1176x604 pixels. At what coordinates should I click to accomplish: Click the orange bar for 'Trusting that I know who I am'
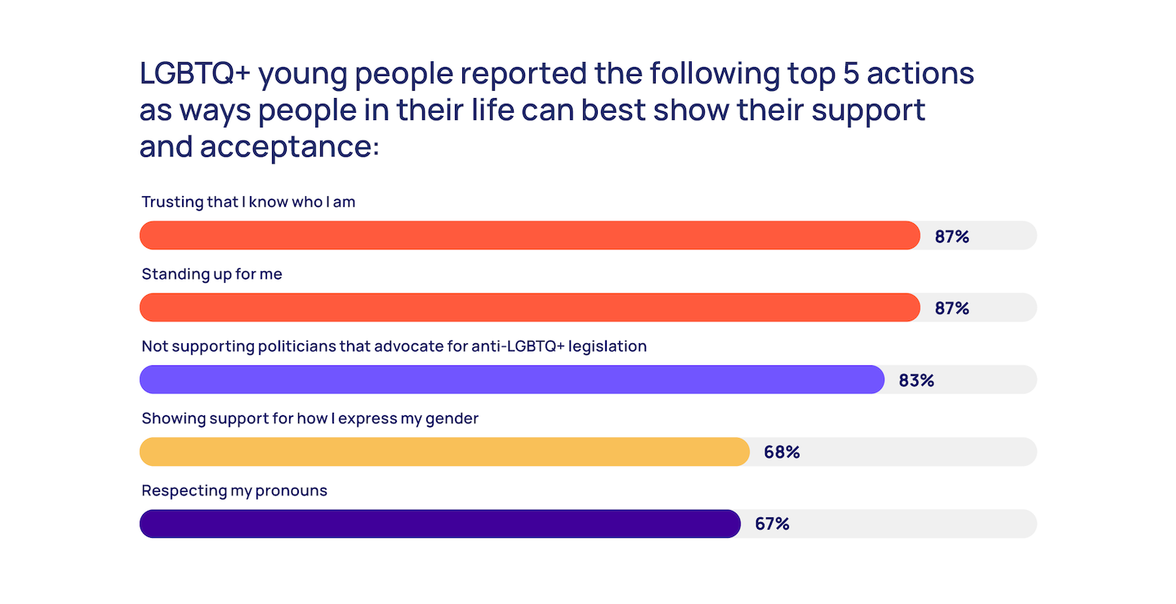point(529,235)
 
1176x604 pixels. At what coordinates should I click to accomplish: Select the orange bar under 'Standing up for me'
point(529,307)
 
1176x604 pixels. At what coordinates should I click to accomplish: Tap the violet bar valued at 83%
point(511,379)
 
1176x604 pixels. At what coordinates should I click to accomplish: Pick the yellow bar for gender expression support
point(444,451)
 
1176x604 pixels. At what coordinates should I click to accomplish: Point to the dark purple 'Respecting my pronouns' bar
point(439,524)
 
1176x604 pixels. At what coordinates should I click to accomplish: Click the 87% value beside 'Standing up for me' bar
point(951,308)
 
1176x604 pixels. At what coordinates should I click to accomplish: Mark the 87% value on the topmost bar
point(951,237)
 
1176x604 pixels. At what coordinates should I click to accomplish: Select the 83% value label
point(916,380)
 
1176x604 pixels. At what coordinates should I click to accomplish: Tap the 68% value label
point(782,452)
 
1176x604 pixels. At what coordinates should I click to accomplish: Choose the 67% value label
point(772,524)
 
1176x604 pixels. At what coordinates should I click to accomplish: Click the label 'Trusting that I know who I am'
point(248,202)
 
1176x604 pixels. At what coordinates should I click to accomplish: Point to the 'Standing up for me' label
point(212,274)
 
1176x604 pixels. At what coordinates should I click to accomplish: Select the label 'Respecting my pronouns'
point(234,490)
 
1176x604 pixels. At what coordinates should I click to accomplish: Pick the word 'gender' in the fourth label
point(452,419)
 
